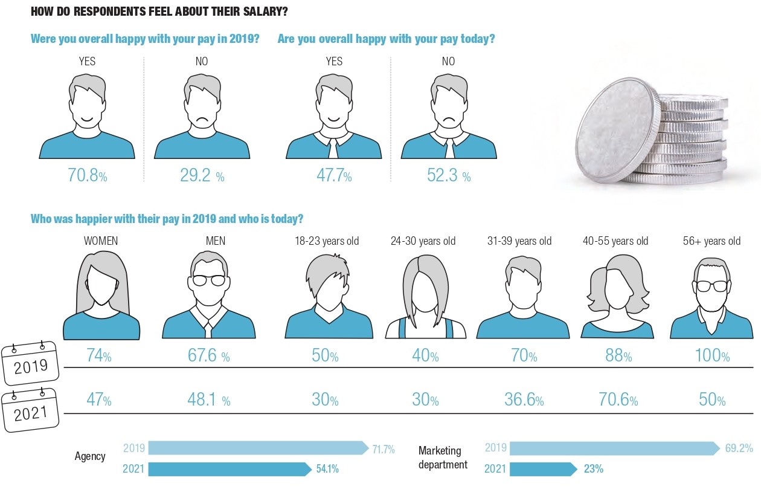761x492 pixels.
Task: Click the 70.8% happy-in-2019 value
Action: pyautogui.click(x=88, y=176)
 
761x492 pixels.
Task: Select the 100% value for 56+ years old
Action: pyautogui.click(x=712, y=355)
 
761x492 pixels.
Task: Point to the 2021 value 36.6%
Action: pyautogui.click(x=524, y=400)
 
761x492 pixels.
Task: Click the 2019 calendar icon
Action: pyautogui.click(x=30, y=364)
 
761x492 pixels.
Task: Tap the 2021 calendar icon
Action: pyautogui.click(x=30, y=410)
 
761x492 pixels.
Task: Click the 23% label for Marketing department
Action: pyautogui.click(x=593, y=469)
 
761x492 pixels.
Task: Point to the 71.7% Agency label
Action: pyautogui.click(x=383, y=449)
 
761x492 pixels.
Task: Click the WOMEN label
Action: pyautogui.click(x=101, y=241)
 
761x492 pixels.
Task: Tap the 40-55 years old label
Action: pyautogui.click(x=615, y=241)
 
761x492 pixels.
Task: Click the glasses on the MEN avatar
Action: pyautogui.click(x=209, y=280)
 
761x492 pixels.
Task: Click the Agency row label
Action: pyautogui.click(x=89, y=456)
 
